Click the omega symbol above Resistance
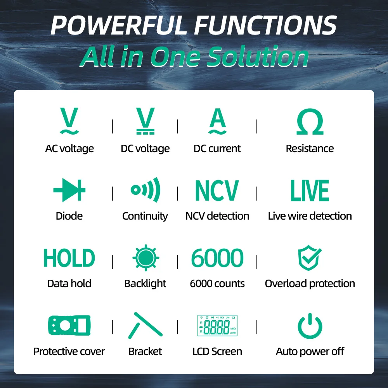coord(310,122)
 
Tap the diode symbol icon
coord(69,191)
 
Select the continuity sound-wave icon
coord(145,190)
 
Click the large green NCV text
coord(217,191)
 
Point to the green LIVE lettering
coord(310,191)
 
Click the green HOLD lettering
coord(69,258)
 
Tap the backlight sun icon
coord(145,258)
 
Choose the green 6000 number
coord(217,258)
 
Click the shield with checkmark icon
coord(310,258)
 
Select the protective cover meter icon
coord(69,325)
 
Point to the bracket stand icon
coord(145,325)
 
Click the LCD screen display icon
coord(217,325)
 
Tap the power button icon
coord(310,326)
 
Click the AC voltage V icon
coord(69,121)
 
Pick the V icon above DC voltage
coord(145,121)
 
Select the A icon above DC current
coord(217,121)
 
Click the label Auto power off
coord(310,352)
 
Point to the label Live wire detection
coord(310,216)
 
